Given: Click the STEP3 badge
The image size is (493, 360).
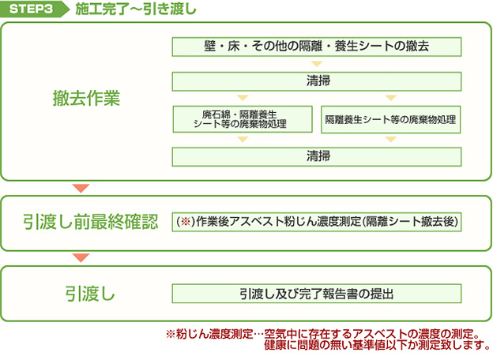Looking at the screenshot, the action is (34, 9).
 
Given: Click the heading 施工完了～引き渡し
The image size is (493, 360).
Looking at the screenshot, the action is (136, 9).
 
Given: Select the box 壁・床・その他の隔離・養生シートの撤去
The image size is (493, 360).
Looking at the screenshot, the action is (317, 47).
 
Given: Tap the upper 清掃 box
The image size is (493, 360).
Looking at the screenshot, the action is (317, 81).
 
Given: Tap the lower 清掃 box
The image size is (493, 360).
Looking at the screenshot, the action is (317, 157).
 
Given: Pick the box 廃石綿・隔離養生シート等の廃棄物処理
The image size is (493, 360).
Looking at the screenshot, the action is (243, 119).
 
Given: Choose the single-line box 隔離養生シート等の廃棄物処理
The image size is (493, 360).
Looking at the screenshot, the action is (390, 119).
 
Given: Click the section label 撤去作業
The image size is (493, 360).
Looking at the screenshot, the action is (86, 98).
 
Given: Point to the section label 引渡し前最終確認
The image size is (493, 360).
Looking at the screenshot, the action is (90, 222).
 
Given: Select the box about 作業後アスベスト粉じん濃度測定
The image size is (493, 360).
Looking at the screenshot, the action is (317, 222).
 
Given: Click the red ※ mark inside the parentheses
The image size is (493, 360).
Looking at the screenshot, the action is (186, 222).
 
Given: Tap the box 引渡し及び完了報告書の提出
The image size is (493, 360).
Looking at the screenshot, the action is (317, 294).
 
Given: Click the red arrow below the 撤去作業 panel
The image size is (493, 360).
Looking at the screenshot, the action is (81, 188).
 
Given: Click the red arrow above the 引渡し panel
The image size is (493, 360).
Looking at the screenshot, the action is (81, 257).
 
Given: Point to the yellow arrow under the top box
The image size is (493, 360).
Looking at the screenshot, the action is (317, 64).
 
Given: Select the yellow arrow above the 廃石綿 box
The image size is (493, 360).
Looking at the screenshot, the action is (243, 98).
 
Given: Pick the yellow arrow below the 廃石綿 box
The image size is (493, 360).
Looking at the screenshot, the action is (243, 139).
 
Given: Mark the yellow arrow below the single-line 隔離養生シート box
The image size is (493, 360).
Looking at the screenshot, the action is (390, 139).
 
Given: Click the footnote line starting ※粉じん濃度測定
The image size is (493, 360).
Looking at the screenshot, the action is (323, 334).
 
